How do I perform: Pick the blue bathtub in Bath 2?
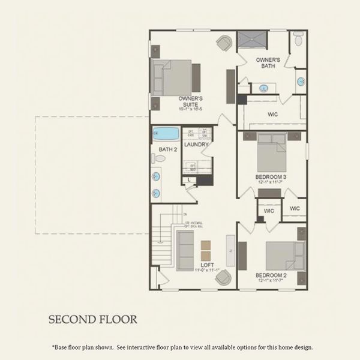click(x=164, y=133)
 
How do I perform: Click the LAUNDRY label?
click(x=196, y=145)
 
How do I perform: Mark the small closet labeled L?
click(x=189, y=179)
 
